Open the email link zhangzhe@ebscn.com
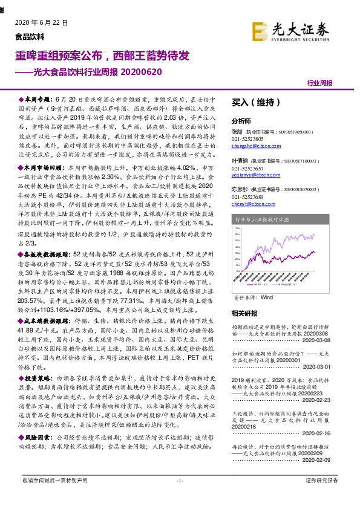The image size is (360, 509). coord(254,145)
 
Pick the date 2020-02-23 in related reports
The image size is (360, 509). coord(330,400)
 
